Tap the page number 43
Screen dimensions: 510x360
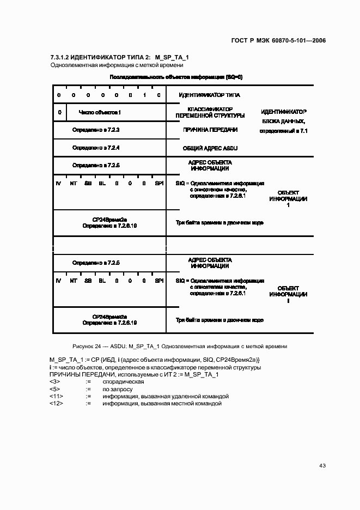point(322,465)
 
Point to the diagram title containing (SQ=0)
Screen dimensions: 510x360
point(176,77)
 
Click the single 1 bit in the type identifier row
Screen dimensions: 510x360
point(144,95)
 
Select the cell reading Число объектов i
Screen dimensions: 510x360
point(100,112)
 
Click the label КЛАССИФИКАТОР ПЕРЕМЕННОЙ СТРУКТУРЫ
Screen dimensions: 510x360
point(210,112)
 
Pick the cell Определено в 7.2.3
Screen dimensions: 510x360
point(96,130)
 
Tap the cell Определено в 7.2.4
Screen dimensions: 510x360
point(96,148)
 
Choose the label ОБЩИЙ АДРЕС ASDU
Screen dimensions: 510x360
point(210,148)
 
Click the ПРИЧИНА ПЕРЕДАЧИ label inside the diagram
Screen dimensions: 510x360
point(210,130)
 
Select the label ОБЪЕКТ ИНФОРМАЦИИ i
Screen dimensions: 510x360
point(288,294)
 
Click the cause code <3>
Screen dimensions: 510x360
point(54,382)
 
